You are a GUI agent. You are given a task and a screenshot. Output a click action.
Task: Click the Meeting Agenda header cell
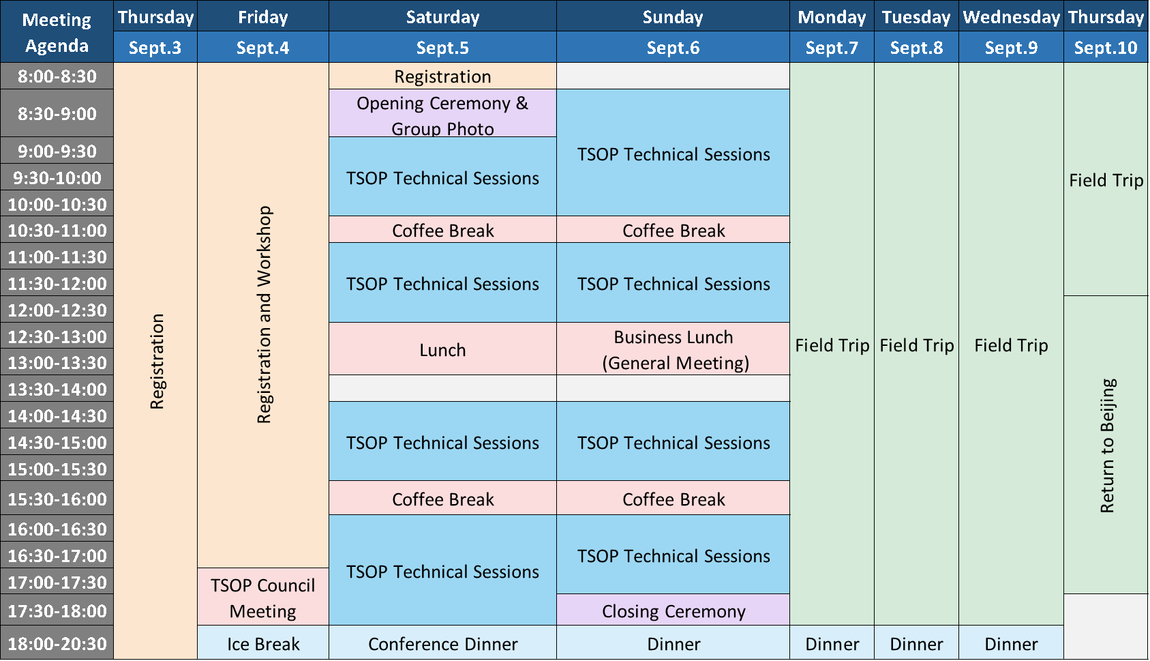click(57, 32)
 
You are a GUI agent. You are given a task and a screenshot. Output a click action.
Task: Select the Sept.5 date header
click(442, 47)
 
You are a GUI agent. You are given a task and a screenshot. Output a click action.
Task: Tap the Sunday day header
click(673, 16)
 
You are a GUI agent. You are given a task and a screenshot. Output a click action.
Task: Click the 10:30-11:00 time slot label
click(57, 230)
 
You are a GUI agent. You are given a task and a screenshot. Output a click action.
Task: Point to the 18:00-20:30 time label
click(57, 643)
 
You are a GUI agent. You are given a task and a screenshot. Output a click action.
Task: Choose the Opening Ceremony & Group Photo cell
click(442, 113)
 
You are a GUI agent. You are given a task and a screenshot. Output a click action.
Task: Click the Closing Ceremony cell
click(673, 610)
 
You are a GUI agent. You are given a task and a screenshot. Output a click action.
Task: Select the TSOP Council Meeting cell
click(263, 597)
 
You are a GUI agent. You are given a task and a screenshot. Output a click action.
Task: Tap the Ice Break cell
click(263, 643)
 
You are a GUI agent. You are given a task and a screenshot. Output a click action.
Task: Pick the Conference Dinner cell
click(442, 643)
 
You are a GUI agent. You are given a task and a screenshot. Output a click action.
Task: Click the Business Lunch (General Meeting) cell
click(673, 349)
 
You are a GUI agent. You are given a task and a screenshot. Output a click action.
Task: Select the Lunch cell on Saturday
click(442, 349)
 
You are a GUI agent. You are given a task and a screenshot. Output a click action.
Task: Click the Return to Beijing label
click(1107, 445)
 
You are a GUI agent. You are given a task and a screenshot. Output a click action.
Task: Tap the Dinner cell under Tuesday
click(916, 643)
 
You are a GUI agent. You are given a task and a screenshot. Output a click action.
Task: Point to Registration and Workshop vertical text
click(264, 314)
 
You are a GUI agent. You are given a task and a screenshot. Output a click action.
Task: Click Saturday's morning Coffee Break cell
click(442, 230)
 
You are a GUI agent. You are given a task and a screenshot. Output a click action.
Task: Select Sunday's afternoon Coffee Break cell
click(673, 498)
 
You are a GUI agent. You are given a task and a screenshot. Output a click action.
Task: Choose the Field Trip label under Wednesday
click(1011, 345)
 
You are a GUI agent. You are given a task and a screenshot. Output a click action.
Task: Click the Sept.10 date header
click(1106, 47)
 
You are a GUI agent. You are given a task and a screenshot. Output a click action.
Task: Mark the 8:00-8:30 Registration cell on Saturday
click(442, 76)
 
